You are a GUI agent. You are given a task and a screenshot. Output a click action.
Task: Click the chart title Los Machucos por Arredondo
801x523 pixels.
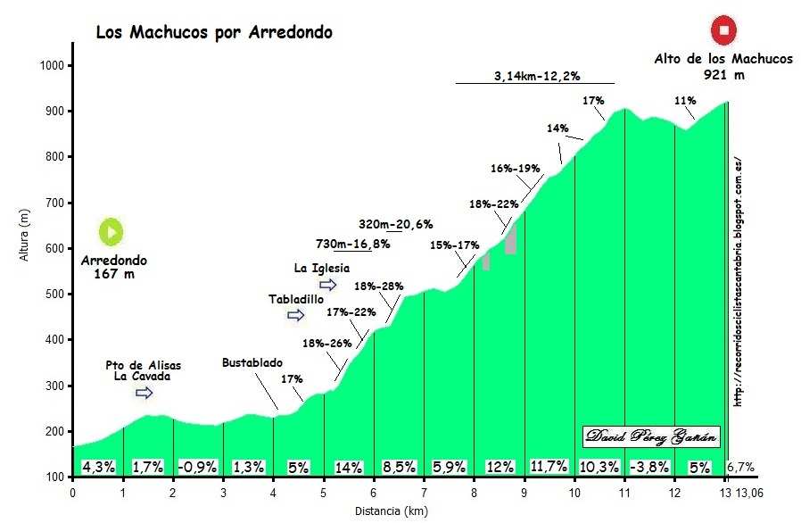pyautogui.click(x=213, y=33)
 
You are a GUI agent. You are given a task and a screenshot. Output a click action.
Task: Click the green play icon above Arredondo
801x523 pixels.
pyautogui.click(x=111, y=232)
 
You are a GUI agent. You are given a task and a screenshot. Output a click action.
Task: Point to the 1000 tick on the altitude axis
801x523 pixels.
pyautogui.click(x=55, y=66)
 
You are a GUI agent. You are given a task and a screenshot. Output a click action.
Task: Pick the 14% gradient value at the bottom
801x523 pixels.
pyautogui.click(x=348, y=467)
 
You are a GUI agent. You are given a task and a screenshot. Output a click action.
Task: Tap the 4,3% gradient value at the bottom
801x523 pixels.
pyautogui.click(x=98, y=467)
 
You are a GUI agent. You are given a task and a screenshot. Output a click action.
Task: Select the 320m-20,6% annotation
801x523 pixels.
pyautogui.click(x=395, y=224)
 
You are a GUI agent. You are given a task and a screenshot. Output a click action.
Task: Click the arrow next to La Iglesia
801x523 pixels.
pyautogui.click(x=328, y=285)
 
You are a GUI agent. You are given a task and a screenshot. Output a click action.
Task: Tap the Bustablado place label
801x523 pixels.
pyautogui.click(x=252, y=363)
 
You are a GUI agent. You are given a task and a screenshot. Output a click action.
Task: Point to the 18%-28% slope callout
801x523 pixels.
pyautogui.click(x=379, y=286)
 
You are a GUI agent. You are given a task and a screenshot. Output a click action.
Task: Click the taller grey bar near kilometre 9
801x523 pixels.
pyautogui.click(x=510, y=239)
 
